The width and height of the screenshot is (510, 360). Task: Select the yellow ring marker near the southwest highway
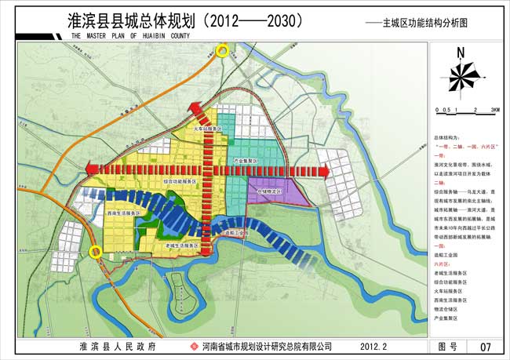point(96,252)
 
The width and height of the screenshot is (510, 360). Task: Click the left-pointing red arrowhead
point(89,166)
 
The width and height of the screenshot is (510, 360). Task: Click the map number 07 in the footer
point(485,346)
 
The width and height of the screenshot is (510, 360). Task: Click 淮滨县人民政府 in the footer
point(118,346)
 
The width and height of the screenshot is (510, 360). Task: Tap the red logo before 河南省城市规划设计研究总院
point(194,346)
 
